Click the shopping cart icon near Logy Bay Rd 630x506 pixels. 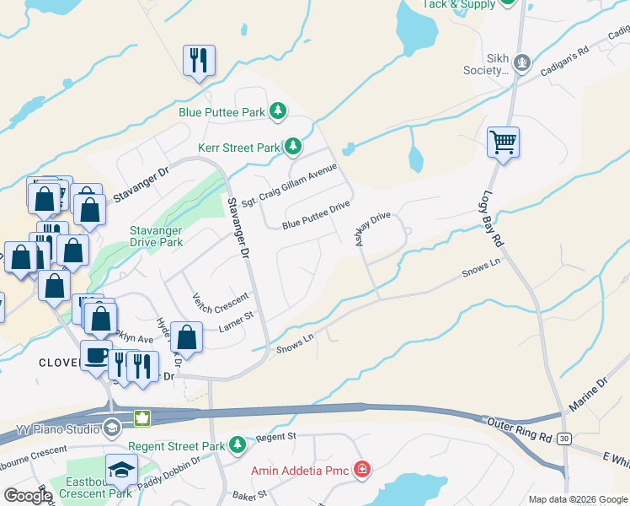(503, 143)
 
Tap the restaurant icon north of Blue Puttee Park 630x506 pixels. (199, 61)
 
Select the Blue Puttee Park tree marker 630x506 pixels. (278, 111)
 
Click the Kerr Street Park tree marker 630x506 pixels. (292, 148)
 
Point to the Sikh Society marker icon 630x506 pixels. (522, 62)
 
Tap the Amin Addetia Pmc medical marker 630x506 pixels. (362, 469)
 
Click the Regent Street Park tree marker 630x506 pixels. (238, 444)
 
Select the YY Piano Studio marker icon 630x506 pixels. (111, 428)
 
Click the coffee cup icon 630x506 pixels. (96, 355)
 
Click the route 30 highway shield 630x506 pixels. (563, 438)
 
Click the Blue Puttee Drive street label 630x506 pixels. (315, 224)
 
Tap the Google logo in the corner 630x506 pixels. (28, 496)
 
